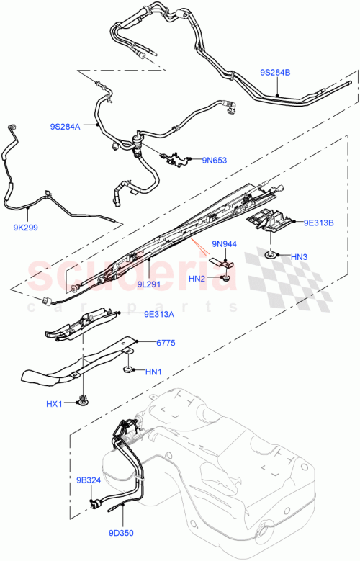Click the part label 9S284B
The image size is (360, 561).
275,73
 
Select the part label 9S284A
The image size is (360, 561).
66,127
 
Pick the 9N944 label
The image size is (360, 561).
225,243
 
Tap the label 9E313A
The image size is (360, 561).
160,313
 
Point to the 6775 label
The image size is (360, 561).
166,344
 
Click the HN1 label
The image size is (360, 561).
153,372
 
